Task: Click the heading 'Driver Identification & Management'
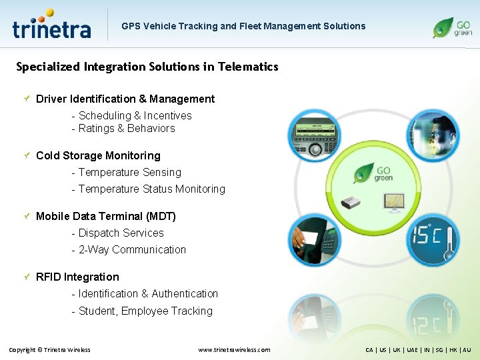(x=125, y=99)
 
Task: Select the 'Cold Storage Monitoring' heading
(x=98, y=155)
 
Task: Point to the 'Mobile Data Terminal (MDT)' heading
(x=106, y=216)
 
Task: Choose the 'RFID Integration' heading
(x=77, y=277)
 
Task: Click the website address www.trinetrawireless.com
(x=234, y=349)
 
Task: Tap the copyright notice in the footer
(x=49, y=349)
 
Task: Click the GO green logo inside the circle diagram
(x=373, y=172)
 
